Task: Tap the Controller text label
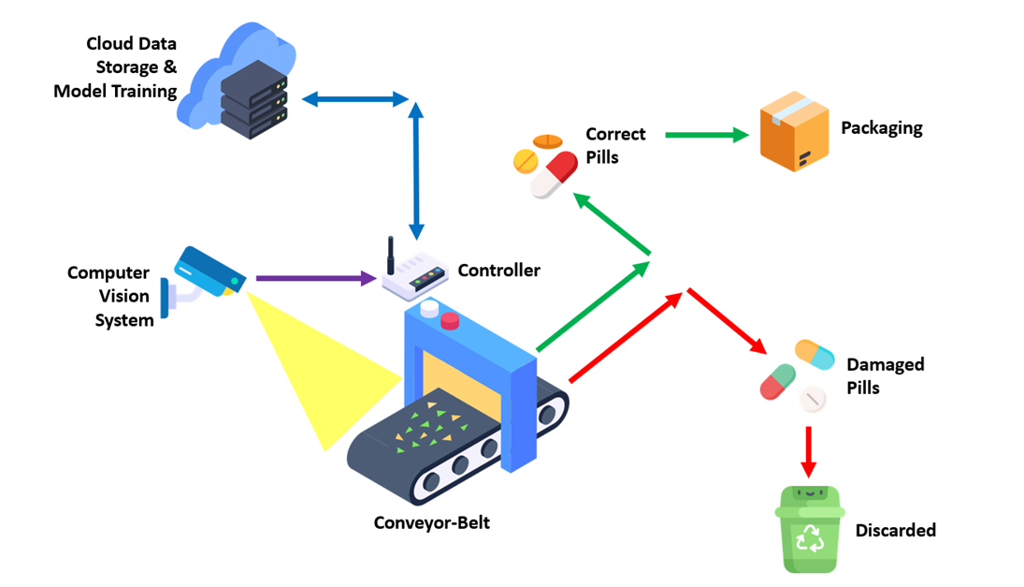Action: point(498,271)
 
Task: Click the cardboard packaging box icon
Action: point(794,131)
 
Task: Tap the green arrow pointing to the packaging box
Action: point(707,135)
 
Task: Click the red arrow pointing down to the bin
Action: point(809,452)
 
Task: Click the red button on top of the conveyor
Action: point(450,321)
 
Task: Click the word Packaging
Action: point(881,128)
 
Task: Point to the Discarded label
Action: point(895,530)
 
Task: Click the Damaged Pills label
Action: point(885,375)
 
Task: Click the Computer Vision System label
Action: point(108,297)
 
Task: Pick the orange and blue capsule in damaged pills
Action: point(815,354)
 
